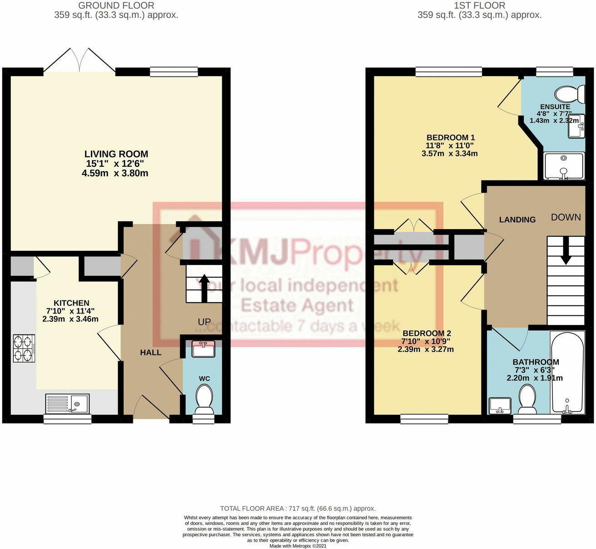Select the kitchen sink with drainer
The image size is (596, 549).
point(68,403)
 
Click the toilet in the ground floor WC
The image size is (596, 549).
point(204,399)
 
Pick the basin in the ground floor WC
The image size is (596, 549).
point(204,349)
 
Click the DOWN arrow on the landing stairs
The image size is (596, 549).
point(566,253)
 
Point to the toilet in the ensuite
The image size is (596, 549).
point(570,94)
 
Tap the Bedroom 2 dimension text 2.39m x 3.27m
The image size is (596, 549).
point(425,349)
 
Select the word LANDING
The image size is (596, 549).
point(517,220)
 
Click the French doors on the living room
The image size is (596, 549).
point(79,60)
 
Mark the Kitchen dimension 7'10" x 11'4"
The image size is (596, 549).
point(70,311)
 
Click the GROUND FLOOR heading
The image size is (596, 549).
point(116,5)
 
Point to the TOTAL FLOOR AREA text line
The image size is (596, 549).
point(298,509)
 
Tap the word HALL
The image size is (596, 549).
point(150,352)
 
